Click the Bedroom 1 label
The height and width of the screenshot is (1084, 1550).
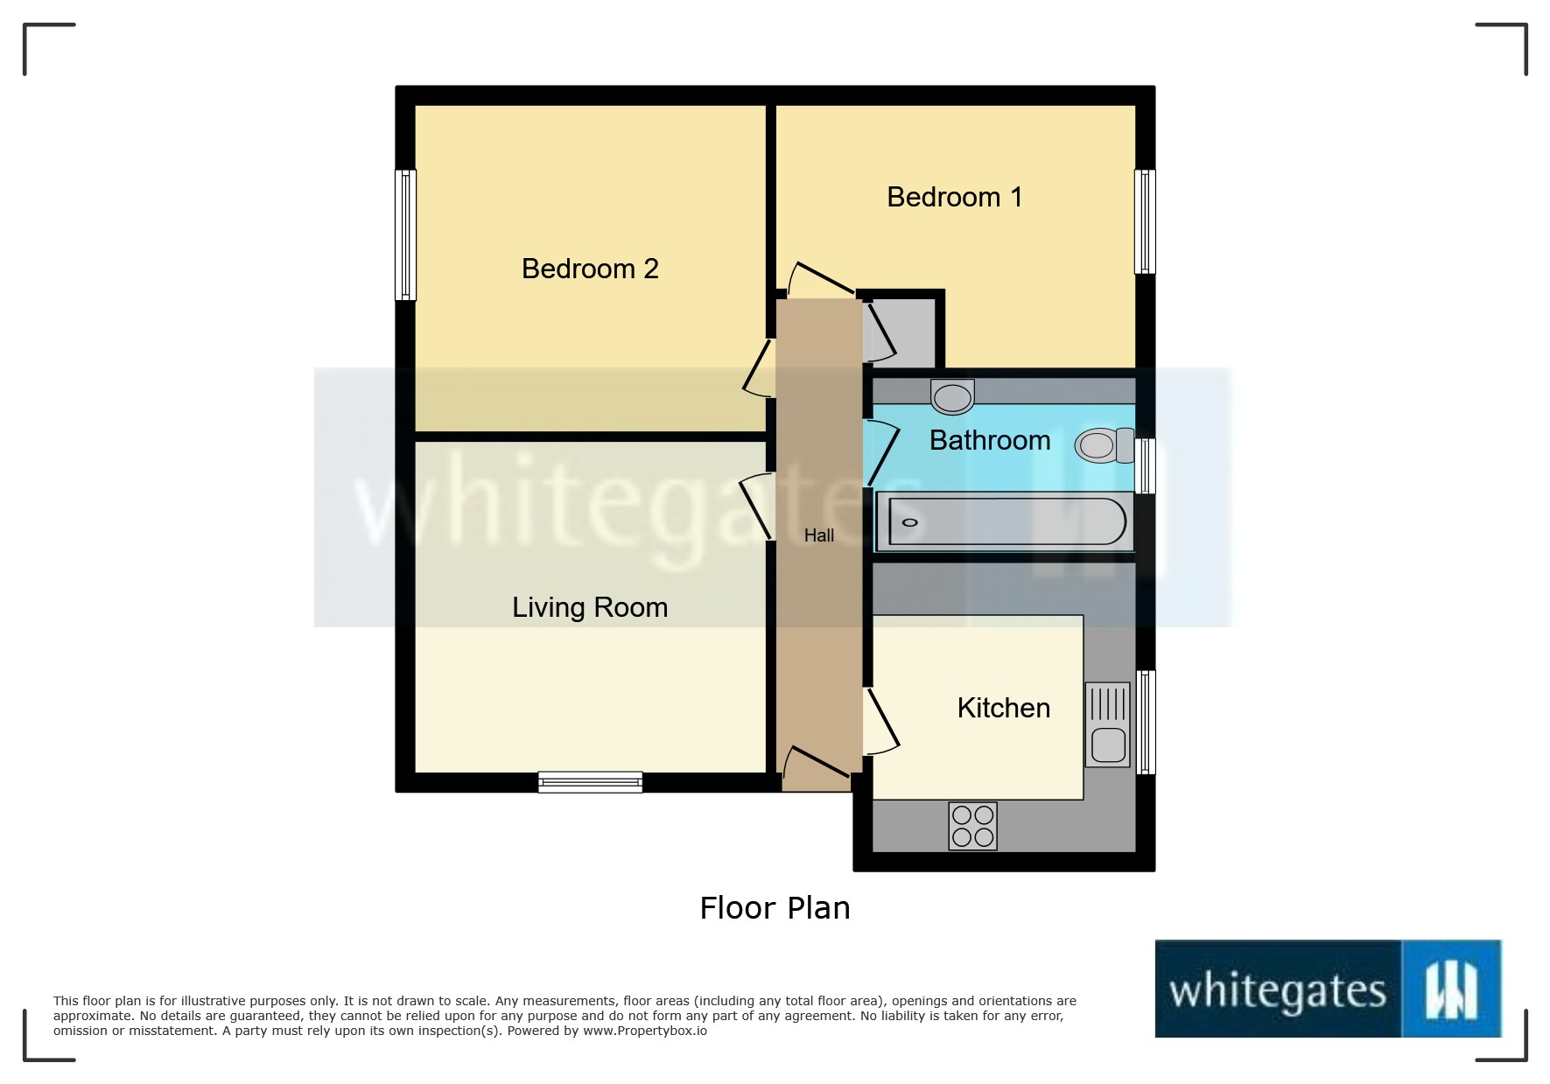click(954, 197)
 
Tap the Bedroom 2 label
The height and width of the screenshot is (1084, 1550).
click(590, 269)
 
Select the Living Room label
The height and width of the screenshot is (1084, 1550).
click(590, 607)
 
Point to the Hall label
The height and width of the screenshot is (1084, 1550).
click(819, 535)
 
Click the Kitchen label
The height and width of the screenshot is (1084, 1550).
click(1003, 708)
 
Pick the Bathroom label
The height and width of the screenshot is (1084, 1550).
click(990, 440)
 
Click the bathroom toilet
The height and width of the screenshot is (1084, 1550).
click(1103, 445)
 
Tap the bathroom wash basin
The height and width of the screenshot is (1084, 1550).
click(952, 397)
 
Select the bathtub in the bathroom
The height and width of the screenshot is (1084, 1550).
click(1006, 522)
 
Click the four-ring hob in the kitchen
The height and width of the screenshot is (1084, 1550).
click(972, 826)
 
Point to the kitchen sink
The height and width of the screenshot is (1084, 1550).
click(1108, 724)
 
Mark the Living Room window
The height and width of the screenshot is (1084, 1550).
click(590, 781)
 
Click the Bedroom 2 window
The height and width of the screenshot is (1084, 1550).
click(405, 234)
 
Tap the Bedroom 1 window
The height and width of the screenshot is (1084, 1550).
click(1145, 221)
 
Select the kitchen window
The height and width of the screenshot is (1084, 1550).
click(1146, 722)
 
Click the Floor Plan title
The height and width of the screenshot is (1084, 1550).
click(775, 908)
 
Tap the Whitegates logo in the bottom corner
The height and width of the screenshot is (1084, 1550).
click(1328, 989)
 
